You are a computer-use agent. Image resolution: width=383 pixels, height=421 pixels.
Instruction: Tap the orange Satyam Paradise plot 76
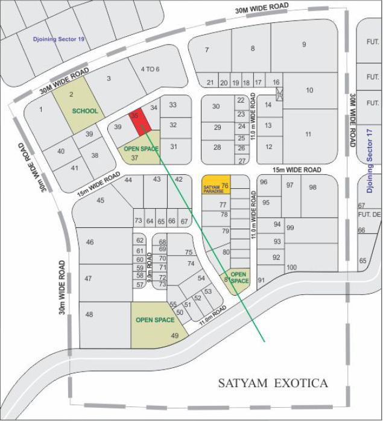(216, 185)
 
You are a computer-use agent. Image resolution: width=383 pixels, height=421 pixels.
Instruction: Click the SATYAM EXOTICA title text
(273, 383)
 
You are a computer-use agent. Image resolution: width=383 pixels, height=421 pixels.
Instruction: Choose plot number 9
(305, 44)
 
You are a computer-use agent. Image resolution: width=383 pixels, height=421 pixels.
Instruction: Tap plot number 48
(89, 314)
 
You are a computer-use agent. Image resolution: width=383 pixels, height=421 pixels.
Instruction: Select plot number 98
(312, 187)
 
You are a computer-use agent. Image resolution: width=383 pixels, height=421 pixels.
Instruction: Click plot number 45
(100, 200)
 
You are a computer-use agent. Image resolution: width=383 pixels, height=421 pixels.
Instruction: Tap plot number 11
(308, 134)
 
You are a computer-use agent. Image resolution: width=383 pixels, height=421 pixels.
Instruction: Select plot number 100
(292, 267)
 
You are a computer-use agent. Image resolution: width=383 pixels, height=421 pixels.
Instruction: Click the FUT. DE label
(370, 215)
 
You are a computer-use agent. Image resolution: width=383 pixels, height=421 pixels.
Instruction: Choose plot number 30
(216, 107)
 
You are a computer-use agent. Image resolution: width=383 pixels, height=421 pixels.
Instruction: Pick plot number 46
(90, 242)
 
